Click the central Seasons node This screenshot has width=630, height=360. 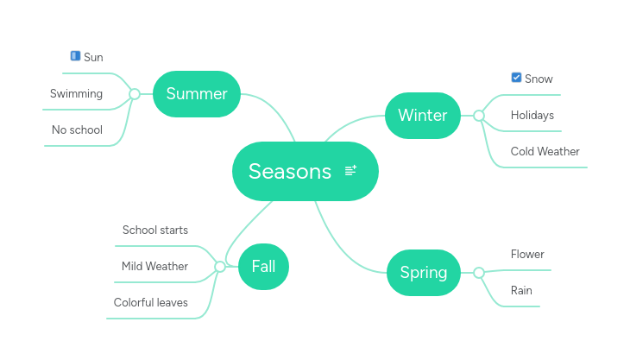(290, 171)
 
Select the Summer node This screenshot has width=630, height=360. (196, 93)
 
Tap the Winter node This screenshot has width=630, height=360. (422, 115)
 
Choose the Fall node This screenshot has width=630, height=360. (263, 266)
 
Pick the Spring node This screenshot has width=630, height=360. (423, 273)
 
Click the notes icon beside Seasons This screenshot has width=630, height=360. (350, 171)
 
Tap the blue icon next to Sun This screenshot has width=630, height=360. (75, 56)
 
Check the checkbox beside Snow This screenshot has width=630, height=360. (516, 78)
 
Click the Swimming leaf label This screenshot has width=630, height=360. (76, 93)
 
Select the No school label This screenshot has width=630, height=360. (77, 129)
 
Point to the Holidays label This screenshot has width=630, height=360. (532, 115)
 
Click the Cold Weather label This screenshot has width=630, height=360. (545, 151)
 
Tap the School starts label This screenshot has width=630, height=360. (154, 230)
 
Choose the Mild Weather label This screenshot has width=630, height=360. (154, 266)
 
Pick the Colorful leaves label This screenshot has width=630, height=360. (150, 302)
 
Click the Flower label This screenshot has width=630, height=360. (527, 254)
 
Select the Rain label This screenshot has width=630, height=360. (521, 290)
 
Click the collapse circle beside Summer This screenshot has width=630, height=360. (134, 93)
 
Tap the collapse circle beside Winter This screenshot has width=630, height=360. (479, 115)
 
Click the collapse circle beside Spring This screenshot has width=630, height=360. (479, 273)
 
